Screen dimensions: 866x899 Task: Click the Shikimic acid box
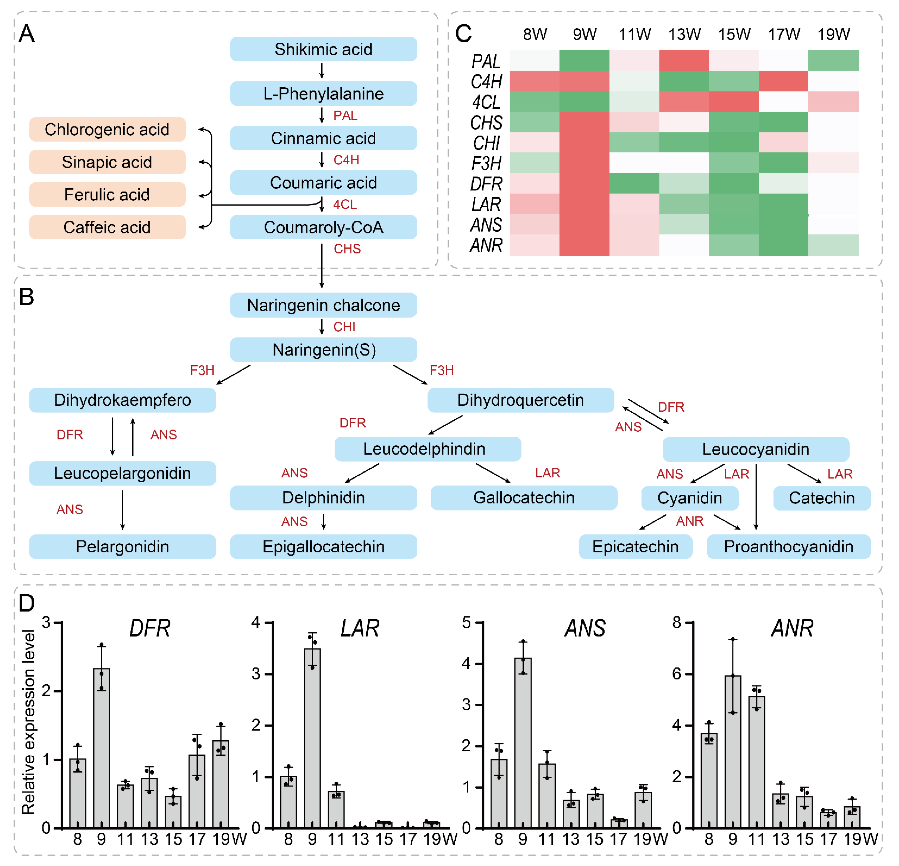click(x=323, y=49)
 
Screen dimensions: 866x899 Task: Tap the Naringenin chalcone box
click(x=323, y=305)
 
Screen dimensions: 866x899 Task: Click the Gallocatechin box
click(x=524, y=498)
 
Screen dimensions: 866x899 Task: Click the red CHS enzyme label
click(x=347, y=249)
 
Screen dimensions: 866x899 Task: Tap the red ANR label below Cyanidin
click(x=689, y=521)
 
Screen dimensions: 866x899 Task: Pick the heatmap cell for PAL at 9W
click(x=584, y=61)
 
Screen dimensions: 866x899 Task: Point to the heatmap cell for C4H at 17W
click(x=783, y=81)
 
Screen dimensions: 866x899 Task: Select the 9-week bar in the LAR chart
click(x=312, y=739)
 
